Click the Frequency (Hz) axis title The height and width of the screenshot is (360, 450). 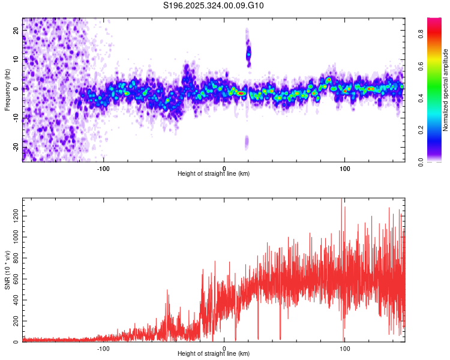[7, 89]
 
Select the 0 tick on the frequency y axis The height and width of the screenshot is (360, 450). [17, 88]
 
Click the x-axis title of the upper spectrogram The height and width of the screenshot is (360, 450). [214, 173]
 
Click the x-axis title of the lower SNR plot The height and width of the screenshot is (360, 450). [214, 353]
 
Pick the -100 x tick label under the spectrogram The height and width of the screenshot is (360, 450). [103, 167]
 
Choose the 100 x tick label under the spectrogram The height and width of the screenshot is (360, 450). [345, 167]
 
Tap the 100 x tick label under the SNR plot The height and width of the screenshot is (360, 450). [345, 347]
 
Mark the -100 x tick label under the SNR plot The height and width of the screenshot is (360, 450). [103, 347]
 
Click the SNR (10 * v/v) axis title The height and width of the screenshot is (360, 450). [7, 269]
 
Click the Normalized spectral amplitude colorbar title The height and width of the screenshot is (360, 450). [446, 90]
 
